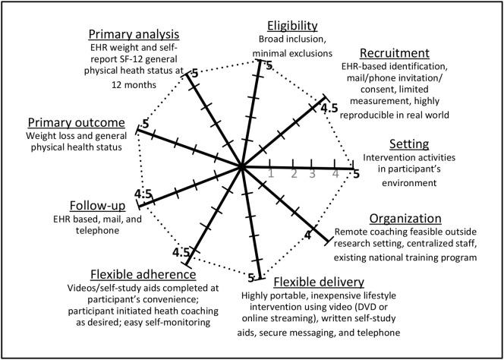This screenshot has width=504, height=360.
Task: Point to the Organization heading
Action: tap(410, 218)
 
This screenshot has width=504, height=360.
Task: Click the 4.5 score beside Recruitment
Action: tap(329, 109)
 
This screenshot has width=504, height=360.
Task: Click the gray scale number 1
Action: tap(271, 174)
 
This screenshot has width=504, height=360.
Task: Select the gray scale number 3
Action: tap(312, 174)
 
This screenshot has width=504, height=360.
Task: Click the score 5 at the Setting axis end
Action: tap(355, 175)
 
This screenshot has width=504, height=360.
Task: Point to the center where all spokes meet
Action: tap(242, 166)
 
